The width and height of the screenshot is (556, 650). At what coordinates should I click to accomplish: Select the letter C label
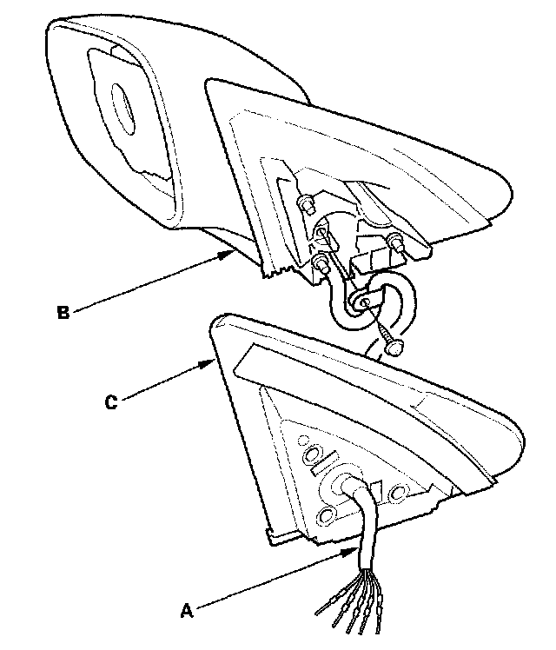tap(109, 401)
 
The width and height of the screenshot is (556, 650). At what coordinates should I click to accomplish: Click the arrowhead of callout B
tap(233, 252)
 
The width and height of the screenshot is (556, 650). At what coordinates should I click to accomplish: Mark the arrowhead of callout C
tap(213, 359)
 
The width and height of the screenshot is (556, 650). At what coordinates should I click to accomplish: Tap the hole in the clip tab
tap(363, 302)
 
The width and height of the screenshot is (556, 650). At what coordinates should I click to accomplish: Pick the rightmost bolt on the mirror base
tap(394, 243)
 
